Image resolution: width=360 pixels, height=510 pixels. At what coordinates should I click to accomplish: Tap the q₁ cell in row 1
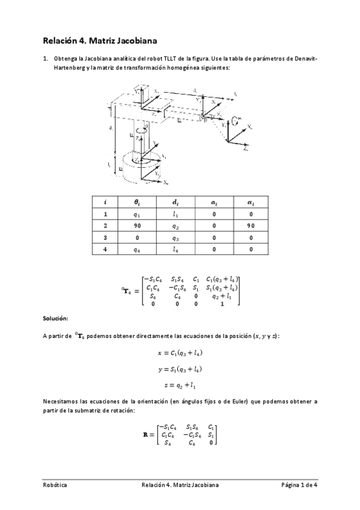click(x=138, y=215)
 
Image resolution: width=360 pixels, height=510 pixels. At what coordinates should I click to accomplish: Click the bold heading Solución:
click(x=55, y=318)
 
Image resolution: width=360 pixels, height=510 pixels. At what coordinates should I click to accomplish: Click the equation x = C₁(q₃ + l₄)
click(x=180, y=353)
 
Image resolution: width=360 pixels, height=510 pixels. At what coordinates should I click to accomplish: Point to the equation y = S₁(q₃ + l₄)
click(x=180, y=369)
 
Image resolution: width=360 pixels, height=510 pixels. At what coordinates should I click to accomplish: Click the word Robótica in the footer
click(x=55, y=485)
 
